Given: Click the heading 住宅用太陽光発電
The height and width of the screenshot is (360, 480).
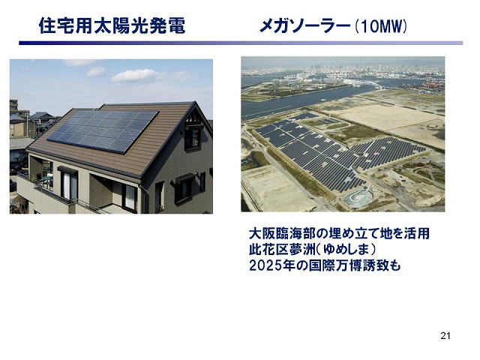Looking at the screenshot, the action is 112,25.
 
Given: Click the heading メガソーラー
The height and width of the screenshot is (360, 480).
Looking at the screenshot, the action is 304,26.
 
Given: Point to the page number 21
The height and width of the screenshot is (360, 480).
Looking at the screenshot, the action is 445,336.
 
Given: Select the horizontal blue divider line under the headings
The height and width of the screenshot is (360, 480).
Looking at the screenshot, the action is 241,43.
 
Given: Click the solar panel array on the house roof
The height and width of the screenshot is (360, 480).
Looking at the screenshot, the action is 103,131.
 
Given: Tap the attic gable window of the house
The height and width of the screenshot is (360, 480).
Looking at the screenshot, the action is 193,138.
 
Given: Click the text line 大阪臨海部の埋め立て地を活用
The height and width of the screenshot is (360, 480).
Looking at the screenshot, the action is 339,233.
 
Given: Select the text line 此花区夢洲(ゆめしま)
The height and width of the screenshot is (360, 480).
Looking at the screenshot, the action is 312,250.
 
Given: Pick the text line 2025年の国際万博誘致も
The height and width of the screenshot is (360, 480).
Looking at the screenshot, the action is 325,265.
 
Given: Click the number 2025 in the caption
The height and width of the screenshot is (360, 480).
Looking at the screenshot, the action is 265,265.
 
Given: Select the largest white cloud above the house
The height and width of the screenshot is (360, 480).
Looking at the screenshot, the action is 135,75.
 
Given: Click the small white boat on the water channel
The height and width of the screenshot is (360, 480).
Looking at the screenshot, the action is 323,100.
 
